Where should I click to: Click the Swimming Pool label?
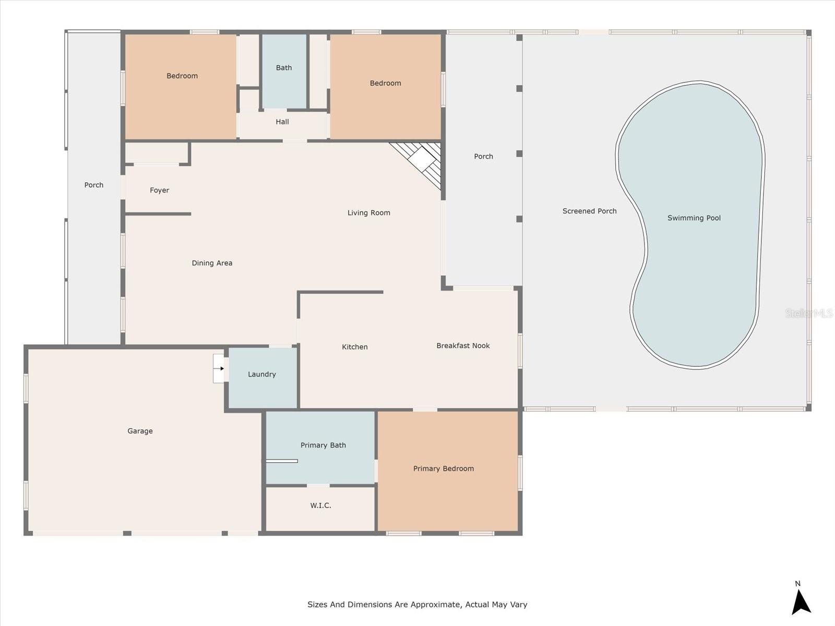tap(694, 218)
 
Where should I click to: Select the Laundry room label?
tap(261, 374)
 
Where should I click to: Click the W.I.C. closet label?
tap(320, 505)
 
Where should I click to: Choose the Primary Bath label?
tap(323, 445)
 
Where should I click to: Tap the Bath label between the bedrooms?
tap(284, 68)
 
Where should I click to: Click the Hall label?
tap(282, 122)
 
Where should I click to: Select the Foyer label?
tap(159, 190)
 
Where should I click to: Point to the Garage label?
tap(140, 431)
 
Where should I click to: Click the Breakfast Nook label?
tap(463, 345)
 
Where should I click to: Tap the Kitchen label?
tap(354, 347)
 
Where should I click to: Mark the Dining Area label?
tap(212, 263)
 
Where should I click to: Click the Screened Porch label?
tap(589, 211)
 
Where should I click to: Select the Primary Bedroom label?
tap(443, 468)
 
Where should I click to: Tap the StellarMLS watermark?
tap(809, 313)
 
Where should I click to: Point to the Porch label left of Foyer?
tap(94, 185)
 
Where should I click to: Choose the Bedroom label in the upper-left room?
tap(182, 76)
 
